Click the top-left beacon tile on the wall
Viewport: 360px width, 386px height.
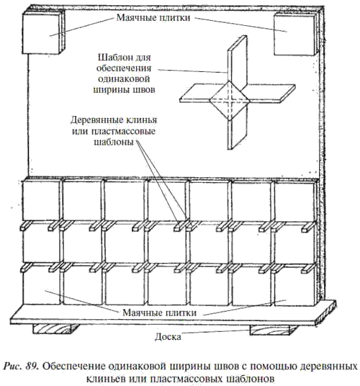41,33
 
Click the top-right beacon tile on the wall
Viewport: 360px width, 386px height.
294,34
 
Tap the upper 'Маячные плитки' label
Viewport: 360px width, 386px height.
153,18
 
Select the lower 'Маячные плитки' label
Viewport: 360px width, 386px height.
159,313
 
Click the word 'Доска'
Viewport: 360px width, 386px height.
168,336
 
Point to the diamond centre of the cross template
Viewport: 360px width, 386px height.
230,100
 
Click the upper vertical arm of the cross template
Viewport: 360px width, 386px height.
237,61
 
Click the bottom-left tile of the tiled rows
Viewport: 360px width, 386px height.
41,285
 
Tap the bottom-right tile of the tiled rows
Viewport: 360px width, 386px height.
294,286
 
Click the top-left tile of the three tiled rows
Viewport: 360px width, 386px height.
41,200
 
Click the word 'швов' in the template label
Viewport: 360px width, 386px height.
144,89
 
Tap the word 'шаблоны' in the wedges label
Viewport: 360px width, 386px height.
114,142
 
